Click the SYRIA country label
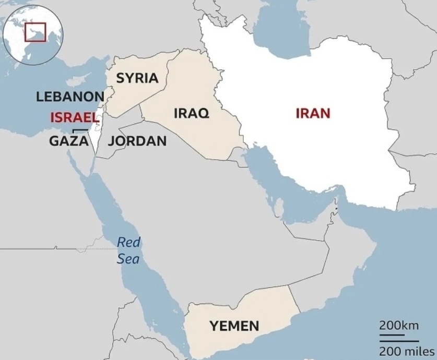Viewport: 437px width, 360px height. (x=137, y=78)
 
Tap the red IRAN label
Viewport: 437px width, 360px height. (x=313, y=113)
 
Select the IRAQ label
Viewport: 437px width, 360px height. (x=191, y=113)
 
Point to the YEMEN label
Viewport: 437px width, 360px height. (x=234, y=327)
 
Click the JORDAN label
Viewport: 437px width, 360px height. (x=138, y=141)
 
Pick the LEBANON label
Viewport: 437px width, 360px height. (x=70, y=97)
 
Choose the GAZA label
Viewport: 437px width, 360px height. (x=68, y=141)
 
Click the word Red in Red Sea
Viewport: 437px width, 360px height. (x=128, y=242)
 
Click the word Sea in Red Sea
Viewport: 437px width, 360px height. (x=128, y=259)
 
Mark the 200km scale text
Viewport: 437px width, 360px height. (x=399, y=326)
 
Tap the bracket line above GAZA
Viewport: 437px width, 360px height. (x=79, y=130)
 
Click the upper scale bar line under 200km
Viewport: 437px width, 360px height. (x=392, y=334)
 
